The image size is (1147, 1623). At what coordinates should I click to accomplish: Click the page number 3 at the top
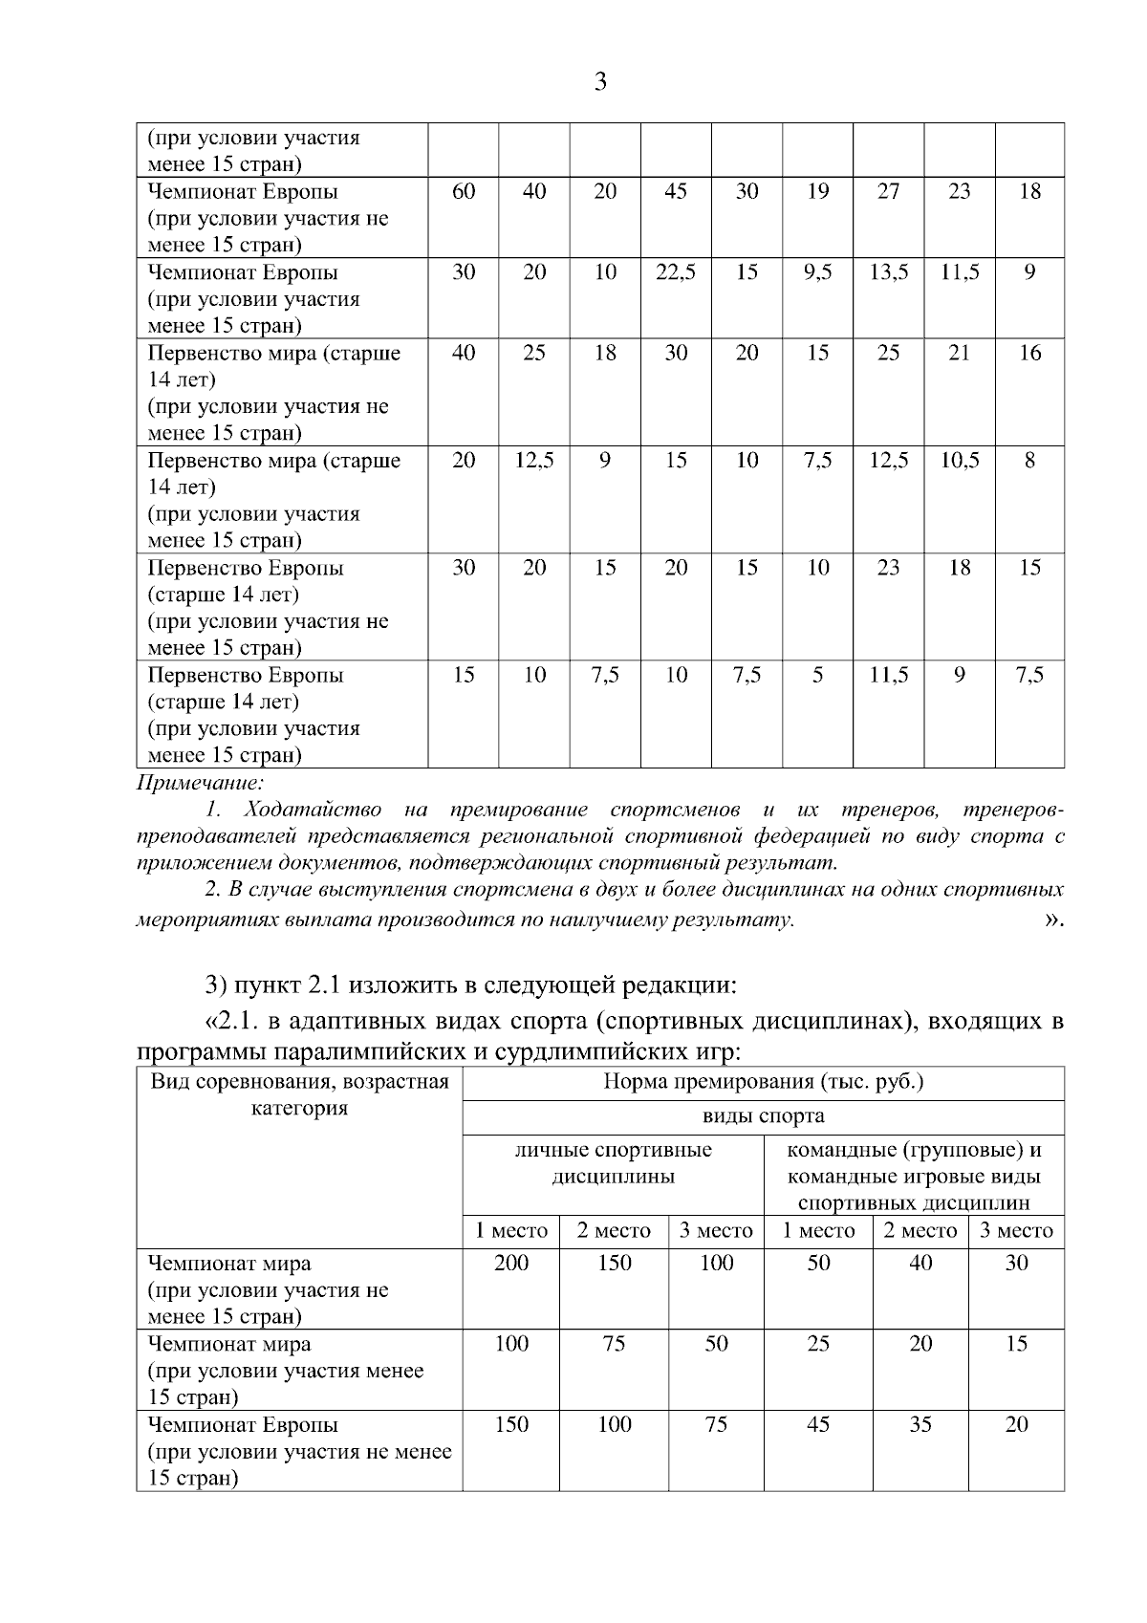[600, 82]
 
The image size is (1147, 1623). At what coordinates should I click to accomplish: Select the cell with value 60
[464, 191]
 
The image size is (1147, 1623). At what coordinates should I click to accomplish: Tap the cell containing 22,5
[676, 272]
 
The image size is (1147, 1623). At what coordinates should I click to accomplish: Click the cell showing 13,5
[888, 272]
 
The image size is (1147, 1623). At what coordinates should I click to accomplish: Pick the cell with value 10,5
[959, 461]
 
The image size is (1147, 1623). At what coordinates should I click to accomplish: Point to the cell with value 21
[959, 353]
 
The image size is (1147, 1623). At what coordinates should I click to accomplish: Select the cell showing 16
[1029, 353]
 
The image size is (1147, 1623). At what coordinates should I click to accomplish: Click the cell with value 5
[817, 676]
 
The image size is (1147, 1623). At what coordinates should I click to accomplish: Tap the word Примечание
[200, 784]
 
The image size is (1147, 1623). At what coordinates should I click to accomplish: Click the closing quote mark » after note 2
[1053, 920]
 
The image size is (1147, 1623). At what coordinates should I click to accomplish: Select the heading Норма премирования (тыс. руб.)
[763, 1082]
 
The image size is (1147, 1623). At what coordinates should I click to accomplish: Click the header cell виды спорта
[763, 1115]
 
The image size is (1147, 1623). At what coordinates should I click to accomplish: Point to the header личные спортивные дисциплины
[613, 1162]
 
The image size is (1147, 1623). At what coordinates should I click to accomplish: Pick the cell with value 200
[511, 1264]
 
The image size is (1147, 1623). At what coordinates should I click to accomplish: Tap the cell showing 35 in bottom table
[920, 1425]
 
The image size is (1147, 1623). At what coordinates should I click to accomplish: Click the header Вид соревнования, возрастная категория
[299, 1095]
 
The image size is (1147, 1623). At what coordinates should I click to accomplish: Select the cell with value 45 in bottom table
[818, 1425]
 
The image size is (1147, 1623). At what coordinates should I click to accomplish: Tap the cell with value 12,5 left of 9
[534, 461]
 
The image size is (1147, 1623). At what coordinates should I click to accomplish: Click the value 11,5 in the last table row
[888, 676]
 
